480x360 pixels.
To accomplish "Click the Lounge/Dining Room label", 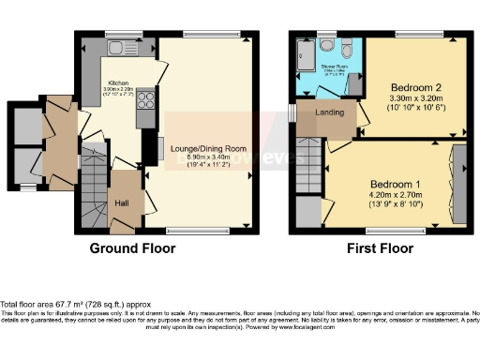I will [209, 148].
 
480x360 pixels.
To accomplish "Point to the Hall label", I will [123, 202].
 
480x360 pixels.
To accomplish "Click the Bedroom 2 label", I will [415, 88].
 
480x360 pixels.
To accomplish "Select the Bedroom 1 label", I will [388, 184].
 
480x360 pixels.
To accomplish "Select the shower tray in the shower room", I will [307, 55].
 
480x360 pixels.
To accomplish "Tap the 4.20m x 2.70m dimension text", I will [388, 196].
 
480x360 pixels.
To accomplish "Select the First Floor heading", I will [382, 249].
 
